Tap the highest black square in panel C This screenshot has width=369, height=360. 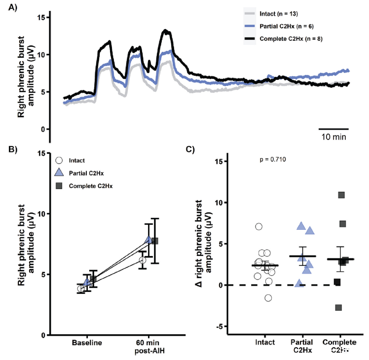pyautogui.click(x=341, y=195)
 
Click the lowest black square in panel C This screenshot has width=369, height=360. pyautogui.click(x=338, y=308)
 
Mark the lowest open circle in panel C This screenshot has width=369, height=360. pyautogui.click(x=268, y=297)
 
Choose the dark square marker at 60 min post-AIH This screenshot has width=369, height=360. pyautogui.click(x=155, y=241)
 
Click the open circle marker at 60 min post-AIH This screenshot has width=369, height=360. pyautogui.click(x=143, y=260)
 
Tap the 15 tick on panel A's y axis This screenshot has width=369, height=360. pyautogui.click(x=42, y=17)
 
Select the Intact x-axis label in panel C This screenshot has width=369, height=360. pyautogui.click(x=265, y=343)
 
